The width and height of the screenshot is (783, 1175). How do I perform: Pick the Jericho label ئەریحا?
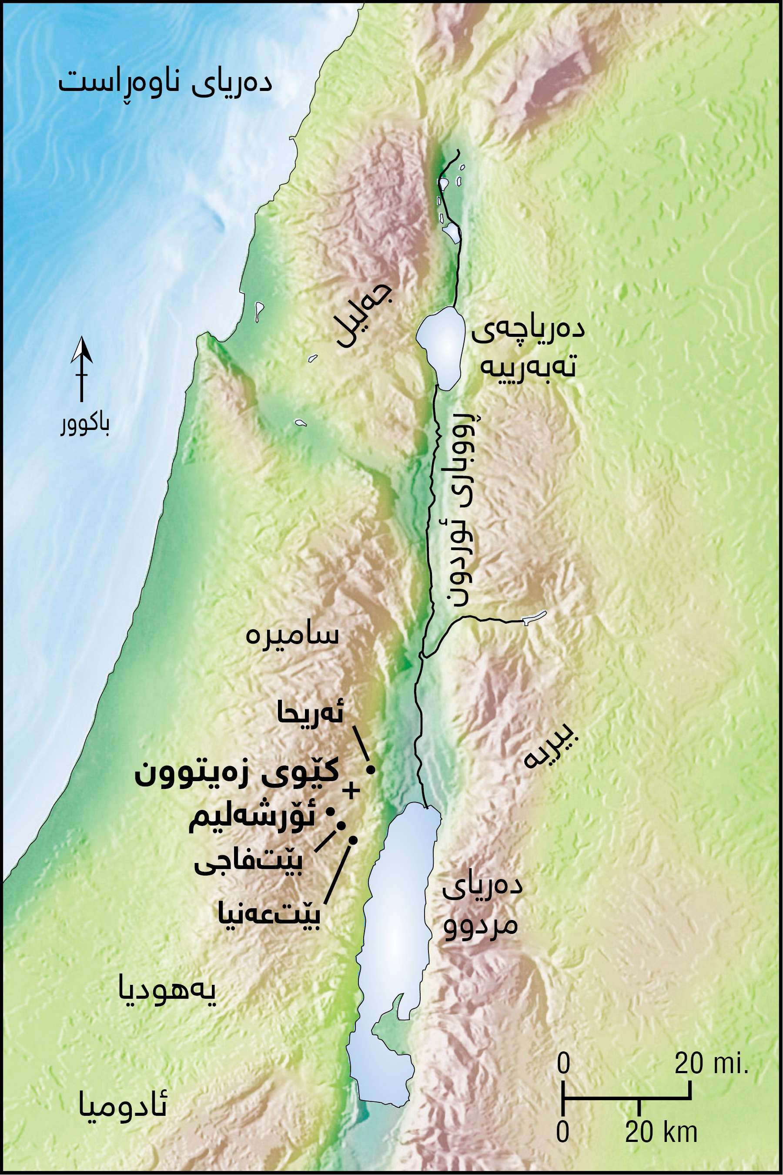click(x=310, y=715)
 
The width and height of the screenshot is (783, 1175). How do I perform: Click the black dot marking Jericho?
click(x=371, y=770)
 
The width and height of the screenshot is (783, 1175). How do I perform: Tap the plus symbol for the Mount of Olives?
click(x=351, y=790)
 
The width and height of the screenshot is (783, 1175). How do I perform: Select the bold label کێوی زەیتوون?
click(x=237, y=774)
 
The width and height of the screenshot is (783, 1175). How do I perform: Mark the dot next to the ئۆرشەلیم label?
click(x=330, y=812)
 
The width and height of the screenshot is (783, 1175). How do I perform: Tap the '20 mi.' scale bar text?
click(x=711, y=1064)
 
